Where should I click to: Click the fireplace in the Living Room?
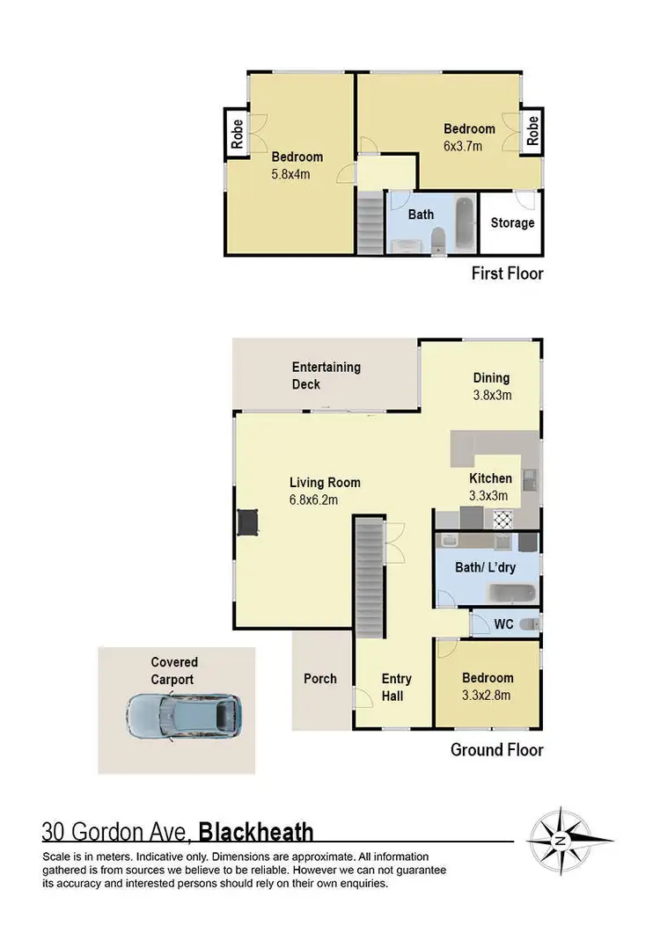tap(246, 523)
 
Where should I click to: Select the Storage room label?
tap(512, 222)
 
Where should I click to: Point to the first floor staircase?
tap(370, 224)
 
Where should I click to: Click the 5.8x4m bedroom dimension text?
tap(290, 174)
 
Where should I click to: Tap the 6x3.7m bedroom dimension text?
tap(463, 146)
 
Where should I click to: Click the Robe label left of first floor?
tap(236, 133)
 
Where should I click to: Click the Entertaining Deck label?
tap(326, 375)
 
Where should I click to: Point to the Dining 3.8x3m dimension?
tap(491, 395)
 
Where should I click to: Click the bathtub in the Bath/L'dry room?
tap(512, 593)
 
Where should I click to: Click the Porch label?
tap(319, 678)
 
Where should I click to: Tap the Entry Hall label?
tap(396, 687)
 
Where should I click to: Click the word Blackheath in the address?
tap(256, 832)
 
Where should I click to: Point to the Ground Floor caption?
tap(496, 750)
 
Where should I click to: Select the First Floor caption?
tap(506, 273)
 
